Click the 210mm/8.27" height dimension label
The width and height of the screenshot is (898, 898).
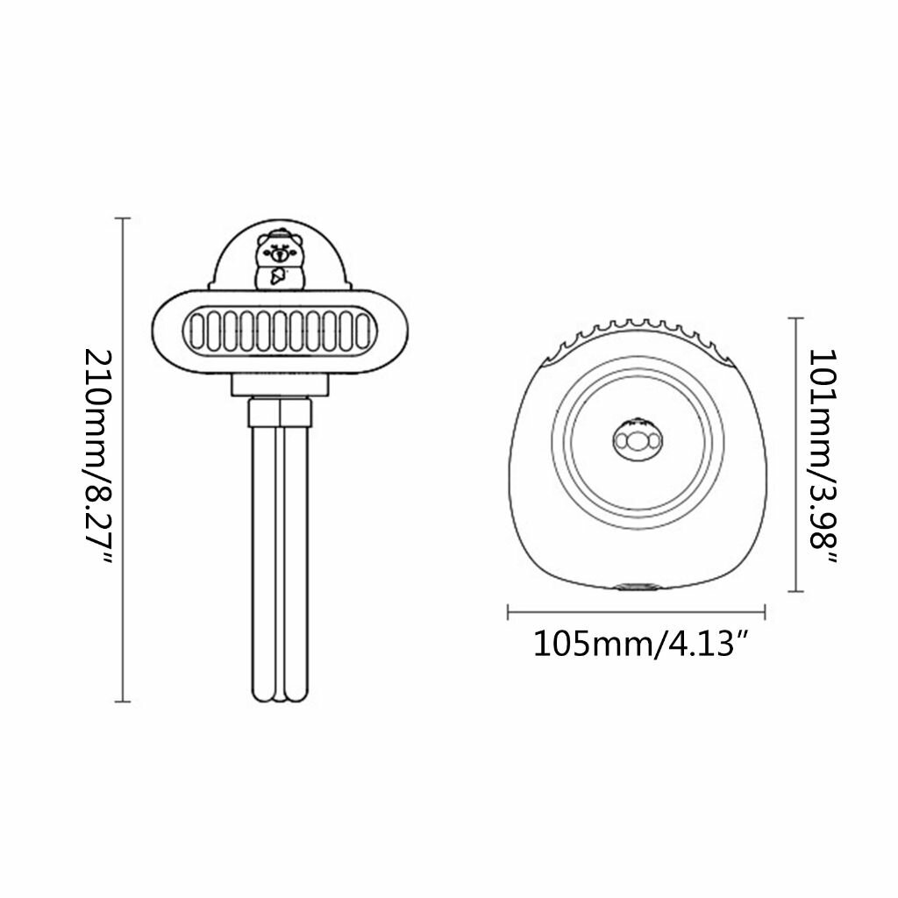pos(98,456)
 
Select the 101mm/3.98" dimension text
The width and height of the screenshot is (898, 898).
pos(823,456)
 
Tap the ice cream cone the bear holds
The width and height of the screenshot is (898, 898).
pos(278,276)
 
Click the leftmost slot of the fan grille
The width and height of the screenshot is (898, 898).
pos(197,331)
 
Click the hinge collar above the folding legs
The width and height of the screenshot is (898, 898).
pos(280,413)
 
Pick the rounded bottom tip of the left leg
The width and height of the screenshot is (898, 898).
pos(264,696)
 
